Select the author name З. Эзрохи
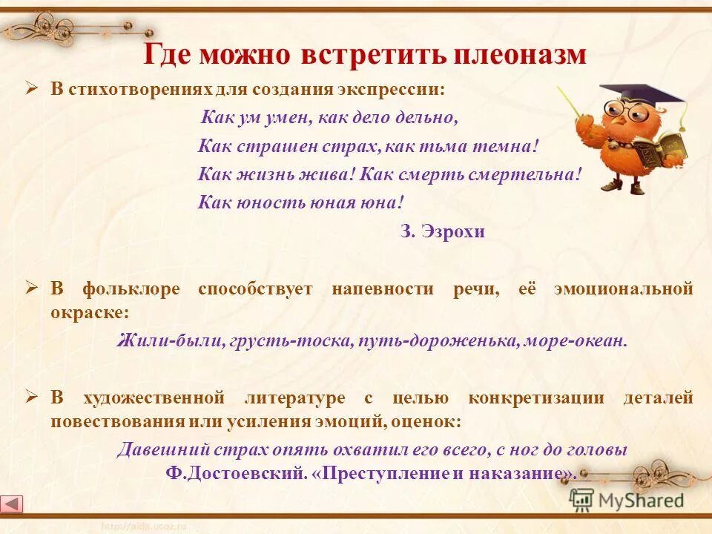(442, 231)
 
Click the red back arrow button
(13, 504)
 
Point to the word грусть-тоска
(292, 341)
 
